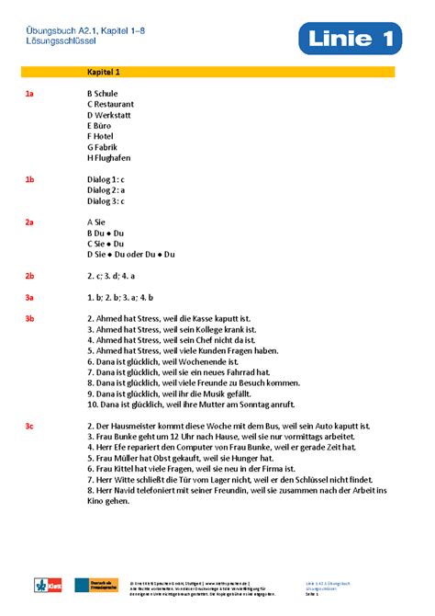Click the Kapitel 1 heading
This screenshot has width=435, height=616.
click(x=103, y=72)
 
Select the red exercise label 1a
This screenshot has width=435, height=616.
click(x=29, y=94)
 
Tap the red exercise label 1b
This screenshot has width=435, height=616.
click(x=29, y=179)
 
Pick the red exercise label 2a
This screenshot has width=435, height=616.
click(x=29, y=222)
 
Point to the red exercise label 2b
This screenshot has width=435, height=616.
click(x=29, y=276)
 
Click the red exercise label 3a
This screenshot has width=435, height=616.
click(x=29, y=297)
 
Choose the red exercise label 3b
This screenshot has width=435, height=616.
click(x=29, y=319)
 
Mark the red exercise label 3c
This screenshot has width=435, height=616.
click(x=29, y=427)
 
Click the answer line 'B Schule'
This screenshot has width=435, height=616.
click(x=103, y=94)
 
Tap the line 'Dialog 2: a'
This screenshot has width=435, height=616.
click(x=106, y=190)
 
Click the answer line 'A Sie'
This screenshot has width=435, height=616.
click(x=97, y=222)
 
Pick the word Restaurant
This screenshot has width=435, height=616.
click(x=115, y=105)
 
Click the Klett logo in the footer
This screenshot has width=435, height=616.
click(x=44, y=585)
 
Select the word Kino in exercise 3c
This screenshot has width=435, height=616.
click(x=96, y=501)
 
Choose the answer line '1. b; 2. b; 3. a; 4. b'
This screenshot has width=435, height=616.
click(x=120, y=297)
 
